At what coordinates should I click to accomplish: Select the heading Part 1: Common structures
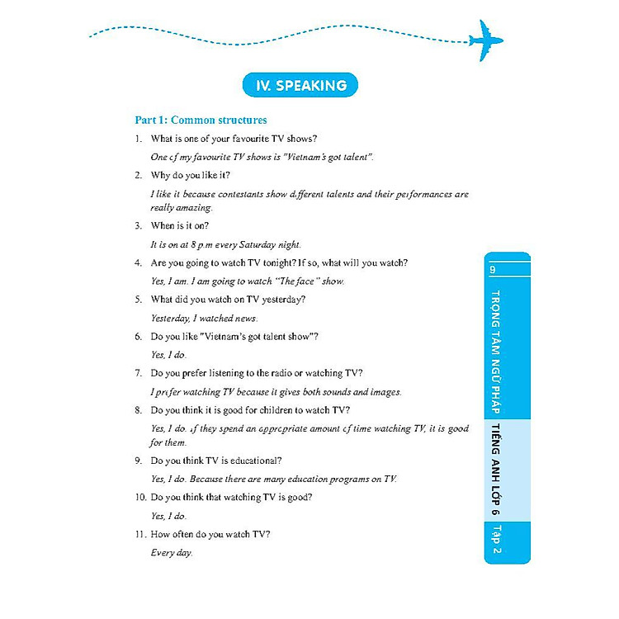click(x=201, y=120)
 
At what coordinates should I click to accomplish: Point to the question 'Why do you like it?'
click(x=191, y=175)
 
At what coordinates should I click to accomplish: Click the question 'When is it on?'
click(x=180, y=225)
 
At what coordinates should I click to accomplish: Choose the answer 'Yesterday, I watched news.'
click(x=205, y=318)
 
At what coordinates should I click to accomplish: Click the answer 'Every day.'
click(x=172, y=552)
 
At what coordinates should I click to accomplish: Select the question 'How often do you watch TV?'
click(x=210, y=534)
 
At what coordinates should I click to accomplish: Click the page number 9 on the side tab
click(x=492, y=269)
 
